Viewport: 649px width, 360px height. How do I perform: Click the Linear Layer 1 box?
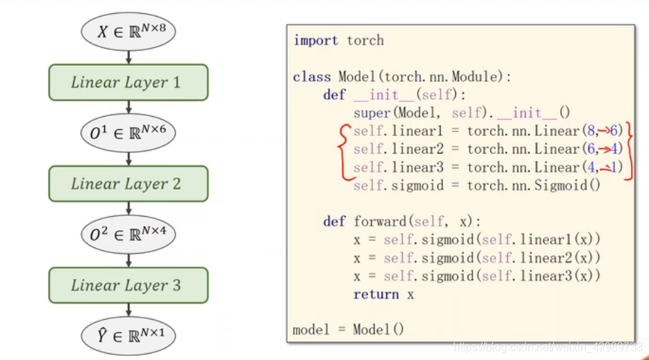click(128, 82)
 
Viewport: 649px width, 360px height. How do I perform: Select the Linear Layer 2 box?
click(128, 183)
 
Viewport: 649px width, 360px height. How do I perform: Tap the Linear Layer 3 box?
click(128, 285)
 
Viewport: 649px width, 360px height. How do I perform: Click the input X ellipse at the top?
click(128, 31)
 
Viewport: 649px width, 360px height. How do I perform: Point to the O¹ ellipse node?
click(128, 133)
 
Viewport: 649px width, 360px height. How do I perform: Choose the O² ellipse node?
click(128, 234)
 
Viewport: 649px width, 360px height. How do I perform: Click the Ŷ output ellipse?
click(128, 336)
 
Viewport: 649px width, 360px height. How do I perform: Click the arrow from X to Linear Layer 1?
click(129, 57)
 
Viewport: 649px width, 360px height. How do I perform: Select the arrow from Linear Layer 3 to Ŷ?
click(129, 310)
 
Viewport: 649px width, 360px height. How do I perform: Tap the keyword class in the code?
click(311, 76)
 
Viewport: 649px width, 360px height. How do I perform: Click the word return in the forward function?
click(376, 294)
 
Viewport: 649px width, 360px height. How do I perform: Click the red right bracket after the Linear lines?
click(629, 150)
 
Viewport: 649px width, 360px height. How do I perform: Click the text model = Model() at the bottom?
click(348, 329)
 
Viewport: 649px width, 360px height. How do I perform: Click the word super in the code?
click(372, 113)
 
